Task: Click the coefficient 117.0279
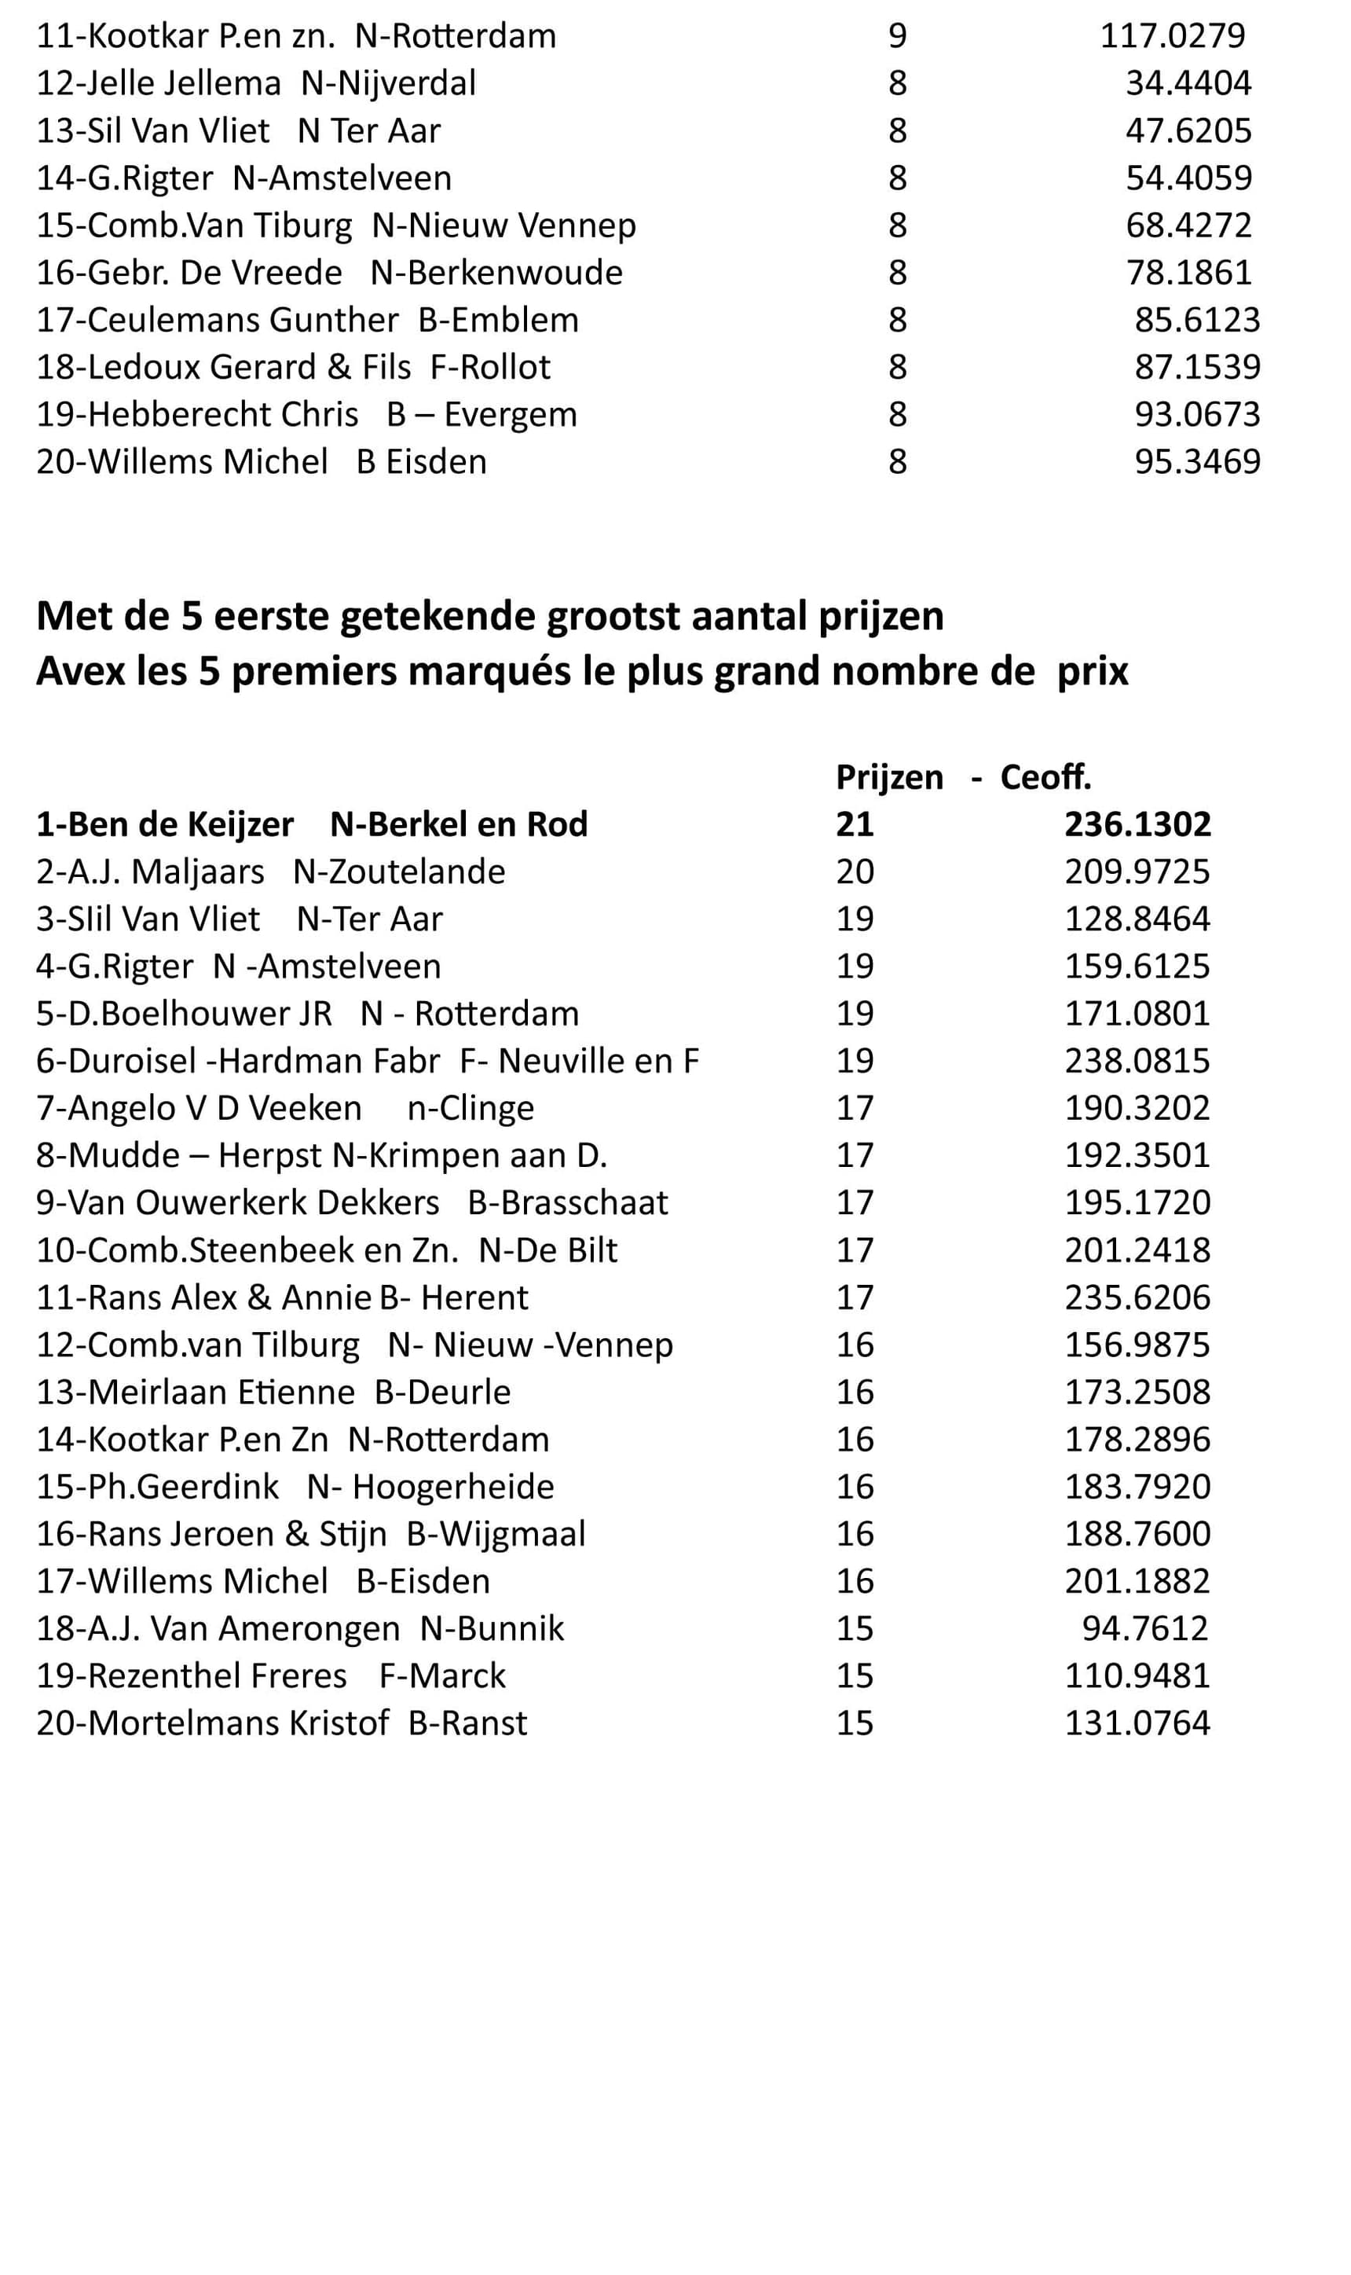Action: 1173,36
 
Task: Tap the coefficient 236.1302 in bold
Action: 1137,824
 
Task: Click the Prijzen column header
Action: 889,777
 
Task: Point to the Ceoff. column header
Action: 1045,777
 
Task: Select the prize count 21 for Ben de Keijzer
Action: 855,824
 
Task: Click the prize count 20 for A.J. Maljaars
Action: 855,871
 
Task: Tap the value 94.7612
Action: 1144,1628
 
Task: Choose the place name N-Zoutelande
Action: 399,871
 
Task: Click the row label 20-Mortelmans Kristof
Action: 212,1723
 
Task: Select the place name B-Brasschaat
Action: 568,1203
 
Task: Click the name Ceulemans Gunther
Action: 243,321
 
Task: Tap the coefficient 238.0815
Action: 1137,1061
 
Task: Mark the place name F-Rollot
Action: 490,368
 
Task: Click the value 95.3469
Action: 1197,463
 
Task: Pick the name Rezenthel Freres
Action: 218,1675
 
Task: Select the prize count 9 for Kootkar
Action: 898,36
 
